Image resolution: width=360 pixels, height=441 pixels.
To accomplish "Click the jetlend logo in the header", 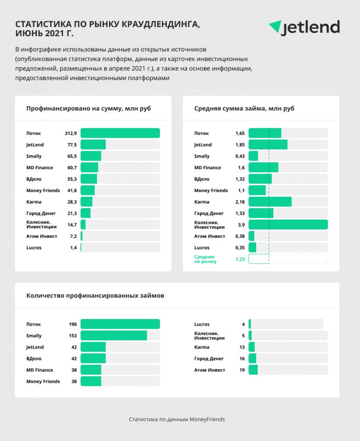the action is [304, 28].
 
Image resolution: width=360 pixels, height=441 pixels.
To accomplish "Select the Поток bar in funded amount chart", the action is [120, 133].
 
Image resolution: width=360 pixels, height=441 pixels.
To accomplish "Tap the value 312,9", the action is [71, 134].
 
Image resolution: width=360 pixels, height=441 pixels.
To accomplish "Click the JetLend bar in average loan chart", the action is [268, 145].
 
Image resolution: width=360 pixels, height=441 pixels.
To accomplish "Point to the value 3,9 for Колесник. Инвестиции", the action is [241, 225].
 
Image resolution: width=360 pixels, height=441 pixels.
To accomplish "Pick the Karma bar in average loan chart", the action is [270, 202].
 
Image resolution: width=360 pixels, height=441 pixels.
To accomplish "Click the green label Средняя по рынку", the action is [205, 259].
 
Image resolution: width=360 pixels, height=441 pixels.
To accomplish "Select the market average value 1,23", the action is [240, 259].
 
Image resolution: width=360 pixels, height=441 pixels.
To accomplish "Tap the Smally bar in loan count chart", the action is [114, 335].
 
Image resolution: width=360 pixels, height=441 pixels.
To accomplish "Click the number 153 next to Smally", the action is [72, 335].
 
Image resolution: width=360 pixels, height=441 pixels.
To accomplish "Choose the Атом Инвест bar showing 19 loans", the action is [253, 370].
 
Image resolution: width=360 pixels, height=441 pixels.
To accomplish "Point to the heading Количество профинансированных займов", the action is [95, 295].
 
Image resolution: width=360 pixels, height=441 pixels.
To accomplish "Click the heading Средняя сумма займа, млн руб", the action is [244, 109].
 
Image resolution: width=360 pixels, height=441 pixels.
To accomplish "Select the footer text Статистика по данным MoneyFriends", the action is [177, 419].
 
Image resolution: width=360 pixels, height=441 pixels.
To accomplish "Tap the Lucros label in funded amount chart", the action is [34, 248].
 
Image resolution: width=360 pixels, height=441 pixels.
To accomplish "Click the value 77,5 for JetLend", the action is [72, 145].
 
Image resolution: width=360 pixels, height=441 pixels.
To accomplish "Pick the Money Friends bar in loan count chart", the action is [91, 382].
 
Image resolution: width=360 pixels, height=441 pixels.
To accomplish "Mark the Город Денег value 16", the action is [242, 359].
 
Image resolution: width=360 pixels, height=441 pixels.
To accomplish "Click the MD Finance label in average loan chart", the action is [207, 168].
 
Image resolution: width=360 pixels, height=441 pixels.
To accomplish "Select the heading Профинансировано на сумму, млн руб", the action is [88, 109].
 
